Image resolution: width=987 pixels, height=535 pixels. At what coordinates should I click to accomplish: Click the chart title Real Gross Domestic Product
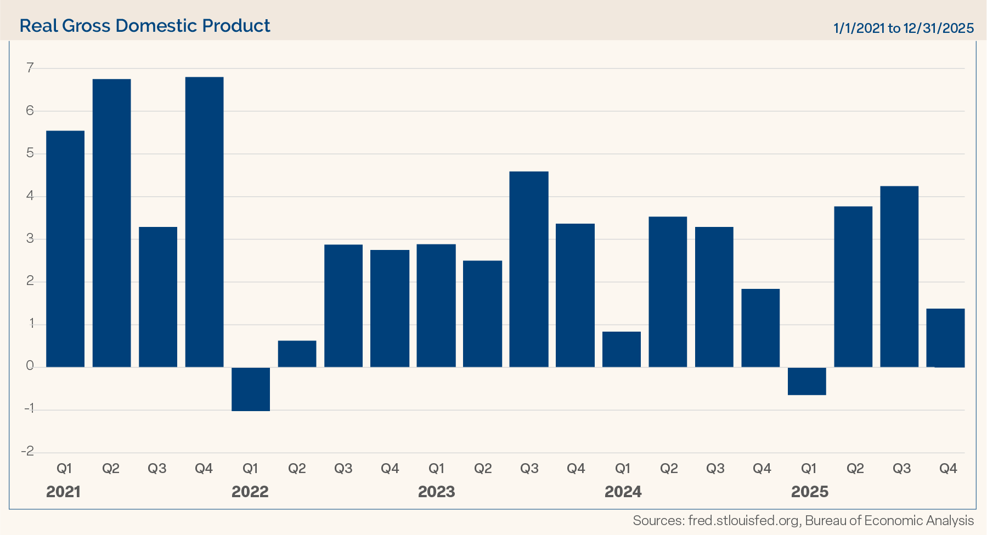click(145, 26)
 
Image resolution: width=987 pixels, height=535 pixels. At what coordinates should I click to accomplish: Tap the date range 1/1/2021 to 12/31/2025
click(903, 28)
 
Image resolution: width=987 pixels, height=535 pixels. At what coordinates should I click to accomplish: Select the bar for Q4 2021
click(204, 222)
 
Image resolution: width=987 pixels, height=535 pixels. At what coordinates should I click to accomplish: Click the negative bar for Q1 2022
click(251, 389)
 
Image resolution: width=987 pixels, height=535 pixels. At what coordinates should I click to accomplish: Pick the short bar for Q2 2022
click(297, 354)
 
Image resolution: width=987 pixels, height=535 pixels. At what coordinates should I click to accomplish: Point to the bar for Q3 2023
click(529, 269)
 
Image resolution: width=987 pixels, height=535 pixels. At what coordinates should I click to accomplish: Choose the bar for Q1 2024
click(622, 349)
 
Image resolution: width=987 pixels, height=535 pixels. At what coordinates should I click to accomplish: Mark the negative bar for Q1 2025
click(807, 382)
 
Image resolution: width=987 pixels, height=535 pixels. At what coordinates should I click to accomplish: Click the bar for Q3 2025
click(899, 277)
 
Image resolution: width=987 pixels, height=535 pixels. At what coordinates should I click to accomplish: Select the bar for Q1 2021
click(65, 249)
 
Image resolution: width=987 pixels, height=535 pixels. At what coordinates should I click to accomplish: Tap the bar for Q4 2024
click(760, 328)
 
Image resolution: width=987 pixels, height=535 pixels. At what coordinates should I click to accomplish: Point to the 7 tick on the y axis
click(30, 68)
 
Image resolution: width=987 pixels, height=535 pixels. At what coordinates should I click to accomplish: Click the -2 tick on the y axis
click(27, 451)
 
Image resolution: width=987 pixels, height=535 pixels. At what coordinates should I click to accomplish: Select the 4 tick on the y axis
click(30, 196)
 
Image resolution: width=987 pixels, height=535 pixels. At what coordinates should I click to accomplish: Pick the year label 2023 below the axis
click(436, 492)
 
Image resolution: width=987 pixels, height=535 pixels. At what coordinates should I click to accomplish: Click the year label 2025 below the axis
click(809, 492)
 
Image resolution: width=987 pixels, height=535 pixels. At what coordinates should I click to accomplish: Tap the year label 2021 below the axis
click(64, 492)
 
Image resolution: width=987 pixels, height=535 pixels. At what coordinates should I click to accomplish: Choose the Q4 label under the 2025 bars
click(948, 469)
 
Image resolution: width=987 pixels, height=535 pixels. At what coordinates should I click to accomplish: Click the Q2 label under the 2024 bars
click(669, 469)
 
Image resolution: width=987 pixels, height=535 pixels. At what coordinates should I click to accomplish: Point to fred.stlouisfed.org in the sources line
click(743, 521)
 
